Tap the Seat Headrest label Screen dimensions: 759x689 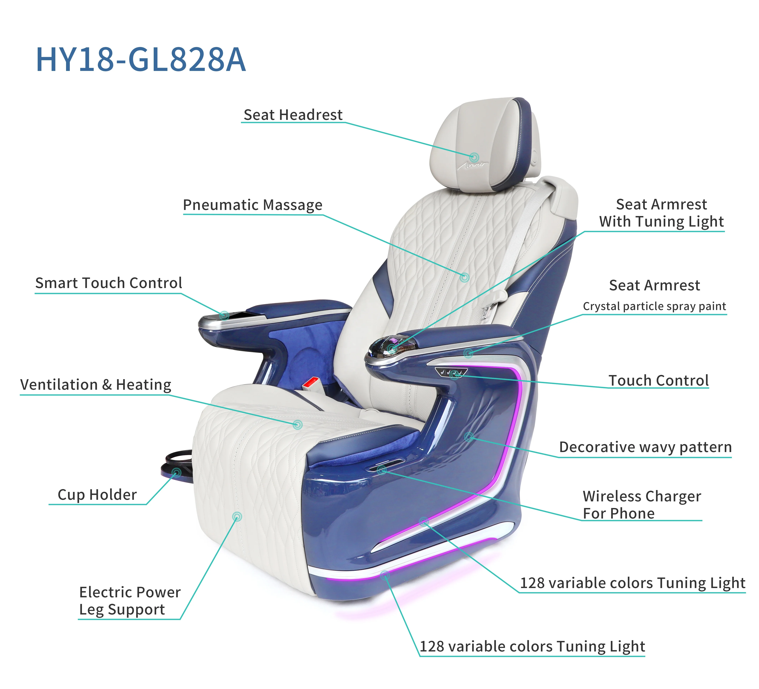pos(293,115)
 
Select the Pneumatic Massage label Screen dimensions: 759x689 pos(253,205)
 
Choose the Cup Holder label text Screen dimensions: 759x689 pos(97,495)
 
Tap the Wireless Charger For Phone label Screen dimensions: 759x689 pos(642,505)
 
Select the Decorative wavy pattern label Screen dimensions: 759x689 pos(645,447)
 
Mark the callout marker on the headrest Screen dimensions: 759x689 pos(474,157)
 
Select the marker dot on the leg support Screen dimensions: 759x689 pos(237,516)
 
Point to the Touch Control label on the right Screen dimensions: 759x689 pos(659,381)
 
